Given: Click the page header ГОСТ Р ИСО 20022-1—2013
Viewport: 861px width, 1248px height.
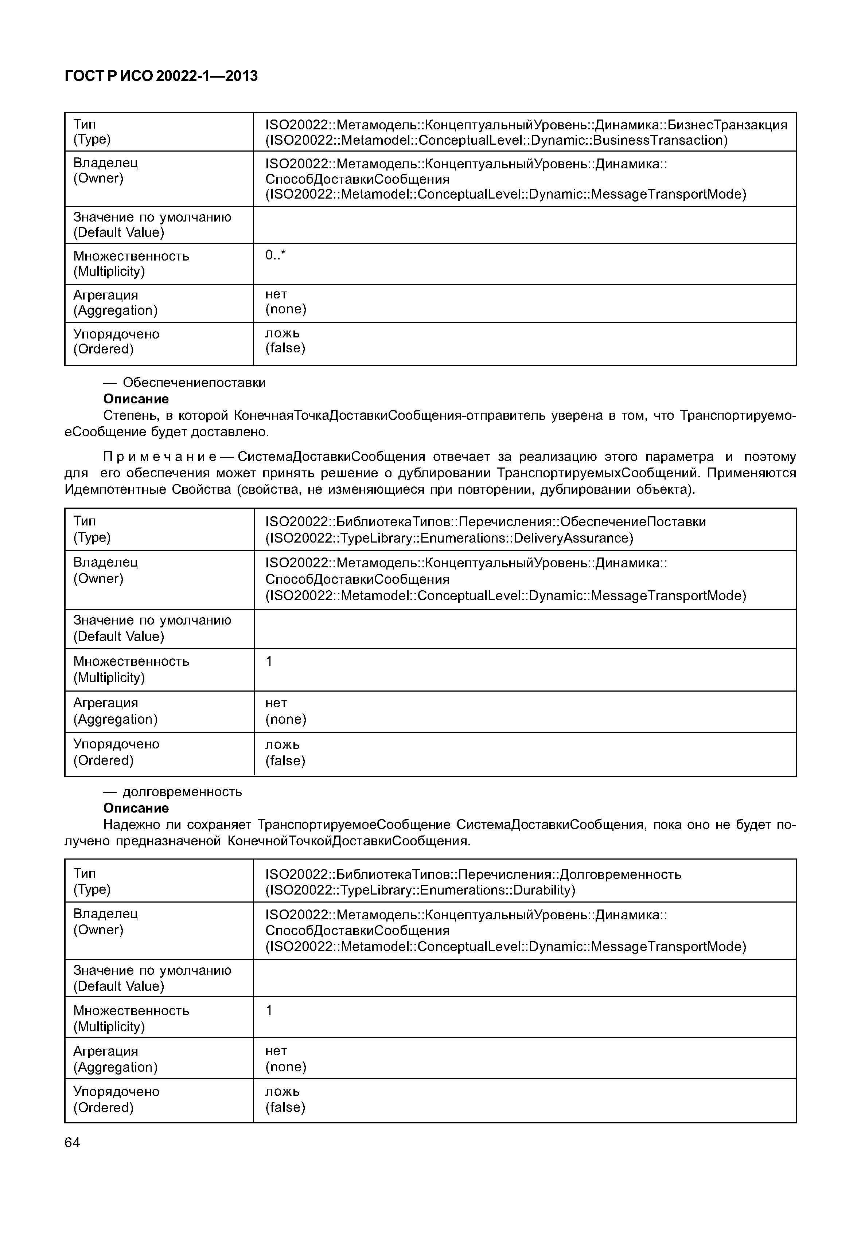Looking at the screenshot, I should [161, 76].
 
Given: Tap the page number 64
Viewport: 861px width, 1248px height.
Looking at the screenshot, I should [72, 1142].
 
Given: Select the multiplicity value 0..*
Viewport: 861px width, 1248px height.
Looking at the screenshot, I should [275, 255].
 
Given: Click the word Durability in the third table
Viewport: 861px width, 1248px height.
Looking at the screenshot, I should [542, 890].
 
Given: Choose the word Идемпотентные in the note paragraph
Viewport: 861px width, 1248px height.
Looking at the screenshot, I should [116, 490].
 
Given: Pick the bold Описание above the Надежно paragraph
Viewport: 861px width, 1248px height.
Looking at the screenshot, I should [136, 808].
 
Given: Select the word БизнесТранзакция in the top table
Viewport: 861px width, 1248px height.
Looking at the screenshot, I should [727, 125].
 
